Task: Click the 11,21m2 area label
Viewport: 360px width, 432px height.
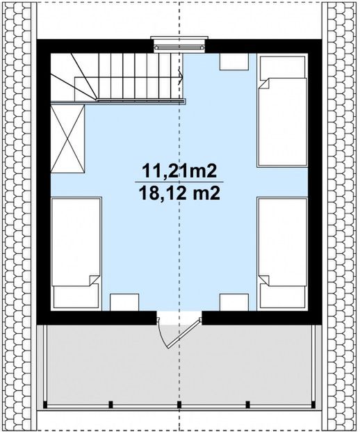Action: pos(179,172)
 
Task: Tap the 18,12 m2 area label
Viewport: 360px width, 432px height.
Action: pos(179,193)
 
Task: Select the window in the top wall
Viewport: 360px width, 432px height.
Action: pos(179,44)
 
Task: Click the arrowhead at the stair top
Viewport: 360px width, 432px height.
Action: pos(180,76)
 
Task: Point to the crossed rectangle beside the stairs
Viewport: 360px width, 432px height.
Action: pos(67,138)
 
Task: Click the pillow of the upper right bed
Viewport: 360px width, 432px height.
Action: pos(282,67)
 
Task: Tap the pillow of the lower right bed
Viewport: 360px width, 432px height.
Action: pos(282,296)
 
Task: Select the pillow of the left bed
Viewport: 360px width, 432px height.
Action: pos(76,296)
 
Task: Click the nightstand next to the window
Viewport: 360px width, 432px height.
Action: pos(234,62)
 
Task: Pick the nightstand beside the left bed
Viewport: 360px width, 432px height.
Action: pos(124,302)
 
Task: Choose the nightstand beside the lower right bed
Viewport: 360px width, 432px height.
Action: pos(234,302)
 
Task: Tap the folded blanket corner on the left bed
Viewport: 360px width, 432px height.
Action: pos(94,280)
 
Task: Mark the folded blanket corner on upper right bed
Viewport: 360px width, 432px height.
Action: pos(265,83)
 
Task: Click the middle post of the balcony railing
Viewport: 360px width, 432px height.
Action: pos(179,405)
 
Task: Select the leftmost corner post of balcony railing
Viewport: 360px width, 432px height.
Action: pos(45,405)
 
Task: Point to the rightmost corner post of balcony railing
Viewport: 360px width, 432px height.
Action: pos(313,405)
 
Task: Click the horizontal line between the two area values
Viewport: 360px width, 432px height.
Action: pos(179,182)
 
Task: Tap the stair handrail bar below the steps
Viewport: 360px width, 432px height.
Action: pos(118,102)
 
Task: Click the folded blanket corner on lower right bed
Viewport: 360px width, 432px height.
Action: pos(264,280)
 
